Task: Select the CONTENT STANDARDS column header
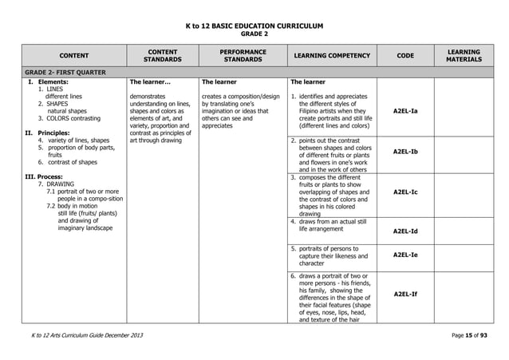pyautogui.click(x=162, y=55)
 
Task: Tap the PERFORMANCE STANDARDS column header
pyautogui.click(x=242, y=55)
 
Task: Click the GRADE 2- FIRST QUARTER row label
pyautogui.click(x=60, y=71)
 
